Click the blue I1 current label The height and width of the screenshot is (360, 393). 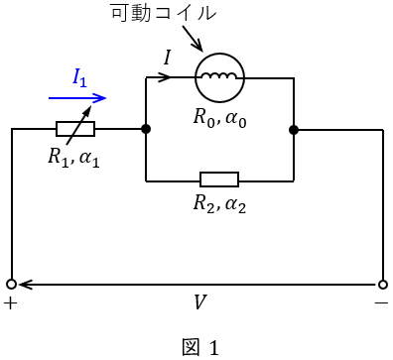[79, 78]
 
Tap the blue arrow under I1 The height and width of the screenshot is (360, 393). [77, 98]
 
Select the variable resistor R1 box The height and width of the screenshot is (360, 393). [75, 129]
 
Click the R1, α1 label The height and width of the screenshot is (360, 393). [73, 157]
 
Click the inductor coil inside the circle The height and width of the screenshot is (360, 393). [219, 76]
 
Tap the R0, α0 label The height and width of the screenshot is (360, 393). [219, 117]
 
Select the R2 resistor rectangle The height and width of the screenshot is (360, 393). [219, 180]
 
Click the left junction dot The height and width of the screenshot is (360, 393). [146, 129]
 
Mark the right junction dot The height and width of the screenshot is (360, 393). [294, 130]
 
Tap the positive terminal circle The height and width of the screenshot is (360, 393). [12, 285]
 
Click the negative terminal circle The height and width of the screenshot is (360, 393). [383, 285]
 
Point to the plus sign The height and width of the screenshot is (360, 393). [10, 303]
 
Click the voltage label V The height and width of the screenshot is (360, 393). [199, 301]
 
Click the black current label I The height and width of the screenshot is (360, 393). [168, 58]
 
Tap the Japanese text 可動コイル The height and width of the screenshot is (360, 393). [164, 13]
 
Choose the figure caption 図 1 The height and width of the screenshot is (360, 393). [200, 347]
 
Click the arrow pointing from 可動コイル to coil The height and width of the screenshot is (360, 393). [192, 38]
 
